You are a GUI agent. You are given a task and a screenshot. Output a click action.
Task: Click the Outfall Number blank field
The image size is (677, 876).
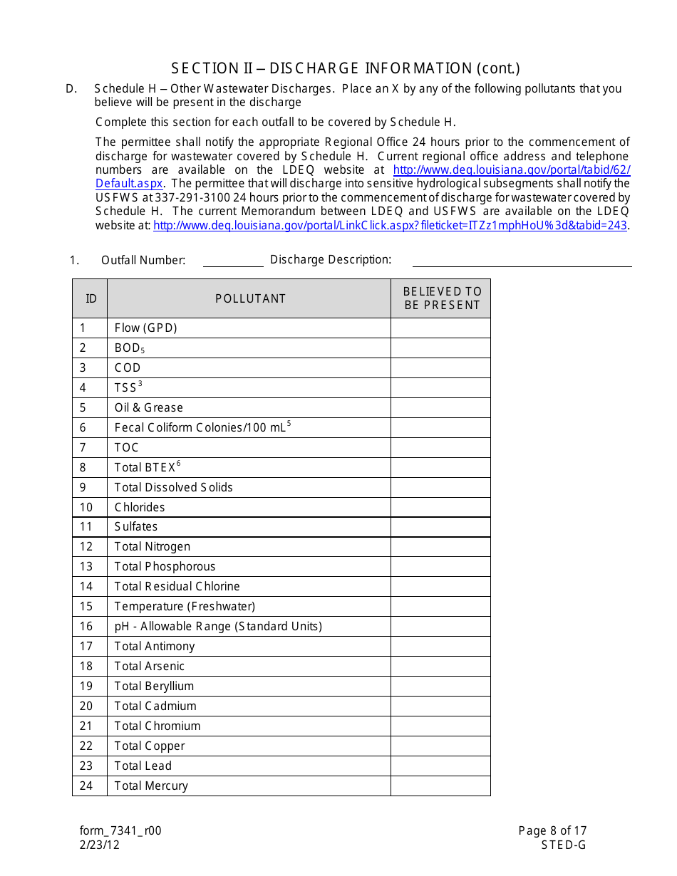click(233, 260)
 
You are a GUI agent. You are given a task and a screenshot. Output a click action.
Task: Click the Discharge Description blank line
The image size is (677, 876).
click(522, 260)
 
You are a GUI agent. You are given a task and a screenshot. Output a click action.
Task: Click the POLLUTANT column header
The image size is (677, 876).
click(250, 298)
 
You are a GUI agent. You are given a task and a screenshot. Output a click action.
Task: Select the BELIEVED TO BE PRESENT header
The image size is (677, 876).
click(441, 298)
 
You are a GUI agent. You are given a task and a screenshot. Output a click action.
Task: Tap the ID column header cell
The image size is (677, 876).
click(91, 298)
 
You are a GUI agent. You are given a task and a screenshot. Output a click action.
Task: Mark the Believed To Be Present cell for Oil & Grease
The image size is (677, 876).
click(440, 407)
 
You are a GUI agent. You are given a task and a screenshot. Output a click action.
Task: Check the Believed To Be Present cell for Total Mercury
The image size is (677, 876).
click(440, 786)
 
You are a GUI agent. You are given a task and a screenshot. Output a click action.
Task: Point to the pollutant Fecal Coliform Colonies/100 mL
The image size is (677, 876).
click(202, 427)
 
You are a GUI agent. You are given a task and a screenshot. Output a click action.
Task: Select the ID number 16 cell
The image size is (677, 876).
click(86, 626)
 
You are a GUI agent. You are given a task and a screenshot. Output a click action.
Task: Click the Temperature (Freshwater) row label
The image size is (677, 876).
click(185, 606)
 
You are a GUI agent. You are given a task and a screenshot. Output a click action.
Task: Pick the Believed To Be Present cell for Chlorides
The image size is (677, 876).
click(440, 507)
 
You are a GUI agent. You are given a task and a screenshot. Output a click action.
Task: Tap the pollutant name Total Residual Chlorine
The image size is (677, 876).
click(177, 586)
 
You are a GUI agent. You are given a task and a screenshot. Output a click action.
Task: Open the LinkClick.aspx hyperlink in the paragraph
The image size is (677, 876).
click(390, 225)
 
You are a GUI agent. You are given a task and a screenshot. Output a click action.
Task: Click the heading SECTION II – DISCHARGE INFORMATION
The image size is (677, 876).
click(346, 68)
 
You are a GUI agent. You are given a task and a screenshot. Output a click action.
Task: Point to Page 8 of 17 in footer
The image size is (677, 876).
click(552, 830)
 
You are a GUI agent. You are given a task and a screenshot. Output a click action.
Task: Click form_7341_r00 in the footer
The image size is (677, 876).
click(120, 830)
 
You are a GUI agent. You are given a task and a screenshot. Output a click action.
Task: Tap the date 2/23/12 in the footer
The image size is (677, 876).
click(100, 845)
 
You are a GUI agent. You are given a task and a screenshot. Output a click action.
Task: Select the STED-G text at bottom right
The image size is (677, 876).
click(563, 845)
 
